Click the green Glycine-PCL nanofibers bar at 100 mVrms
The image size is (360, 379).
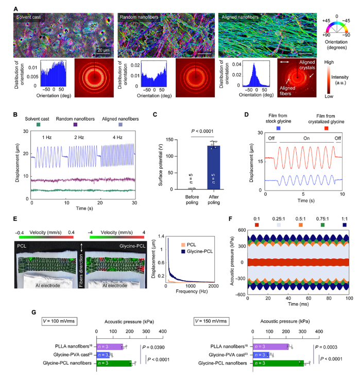pyautogui.click(x=113, y=363)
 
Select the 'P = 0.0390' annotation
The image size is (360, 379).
pyautogui.click(x=160, y=348)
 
